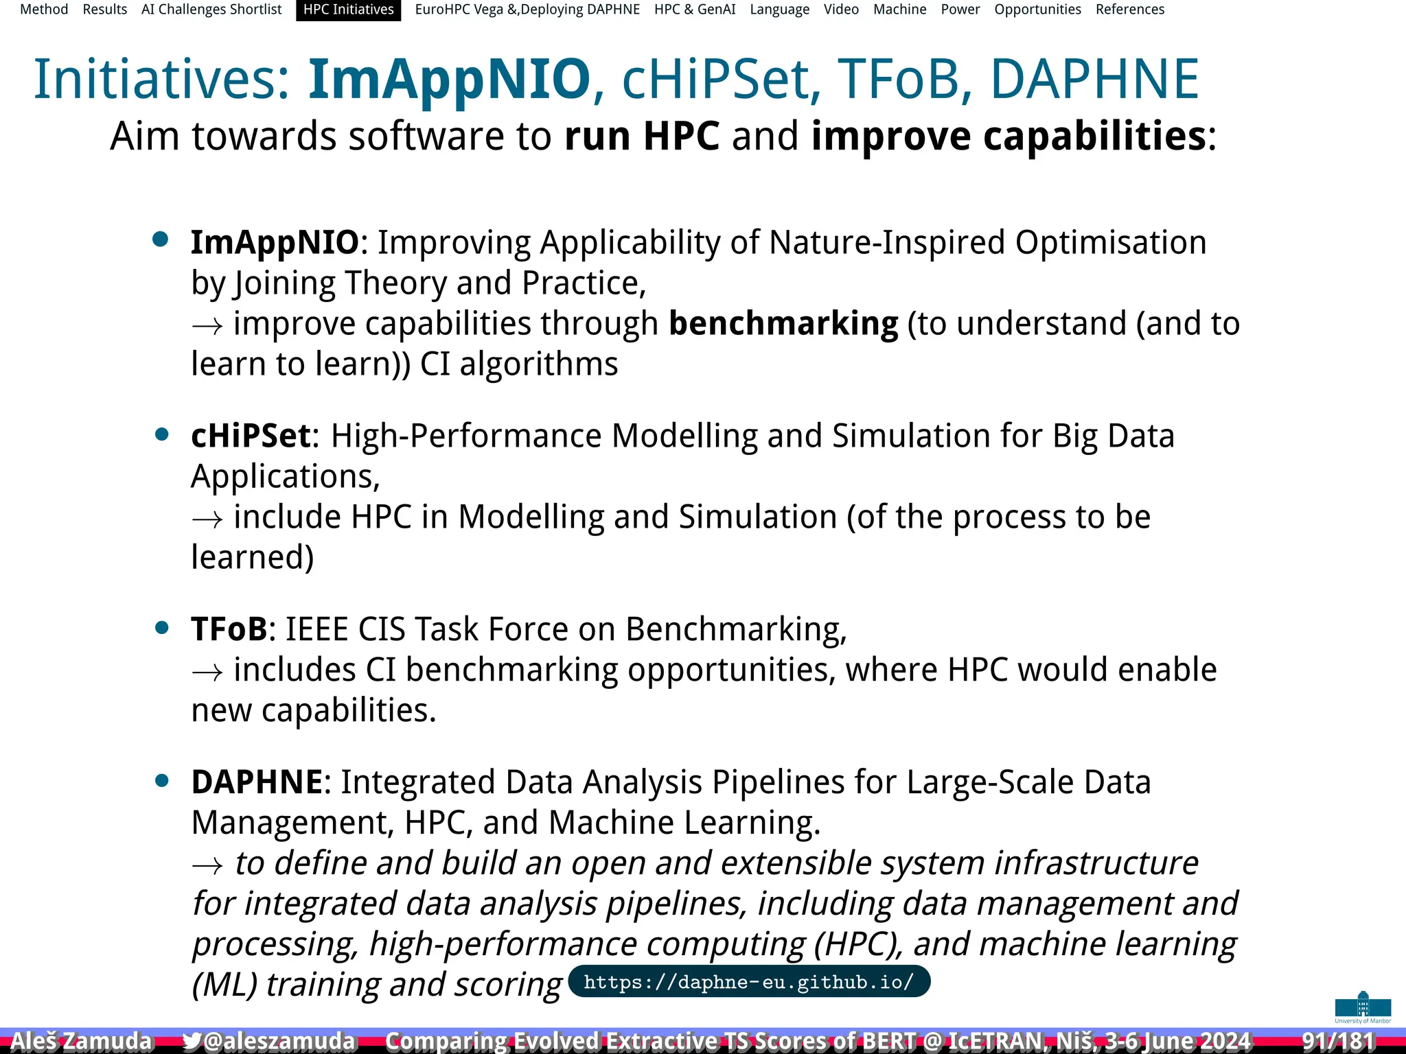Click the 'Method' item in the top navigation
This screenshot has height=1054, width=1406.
(44, 10)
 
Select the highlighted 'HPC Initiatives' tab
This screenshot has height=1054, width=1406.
(348, 10)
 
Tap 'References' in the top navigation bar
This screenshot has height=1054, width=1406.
(1129, 10)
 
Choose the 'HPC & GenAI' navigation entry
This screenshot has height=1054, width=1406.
(694, 10)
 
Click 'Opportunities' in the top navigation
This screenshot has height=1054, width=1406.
(1037, 10)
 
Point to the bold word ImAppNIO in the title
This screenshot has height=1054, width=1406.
(449, 79)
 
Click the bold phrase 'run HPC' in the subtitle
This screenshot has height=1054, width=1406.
(641, 136)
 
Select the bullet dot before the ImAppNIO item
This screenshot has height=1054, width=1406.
(161, 239)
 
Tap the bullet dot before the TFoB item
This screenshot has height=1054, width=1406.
(162, 627)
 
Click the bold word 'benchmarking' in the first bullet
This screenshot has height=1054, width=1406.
(783, 323)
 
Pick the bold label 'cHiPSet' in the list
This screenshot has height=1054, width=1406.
(251, 436)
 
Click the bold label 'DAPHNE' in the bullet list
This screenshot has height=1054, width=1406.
(256, 782)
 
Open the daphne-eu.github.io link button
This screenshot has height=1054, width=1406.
(748, 982)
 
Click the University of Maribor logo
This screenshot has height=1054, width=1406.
(1362, 1007)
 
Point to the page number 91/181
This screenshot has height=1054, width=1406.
(1337, 1041)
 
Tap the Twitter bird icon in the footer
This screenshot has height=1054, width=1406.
(192, 1041)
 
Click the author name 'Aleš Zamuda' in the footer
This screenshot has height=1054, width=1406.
(81, 1041)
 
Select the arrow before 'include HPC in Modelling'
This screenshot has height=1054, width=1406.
(207, 519)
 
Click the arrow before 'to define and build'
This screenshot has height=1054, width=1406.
(207, 865)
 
